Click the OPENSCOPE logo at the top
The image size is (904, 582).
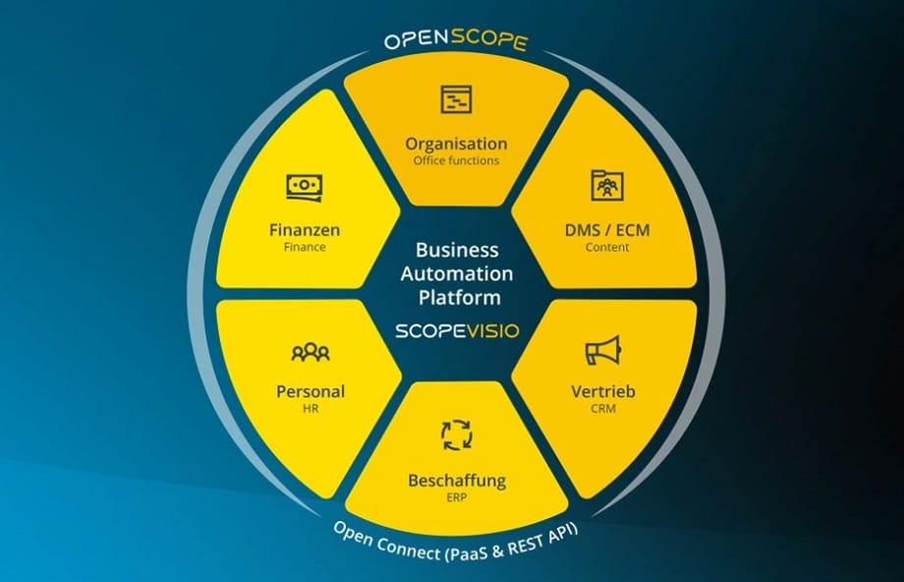click(456, 41)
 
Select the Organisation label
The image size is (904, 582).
click(456, 144)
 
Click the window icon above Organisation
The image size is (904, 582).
click(456, 98)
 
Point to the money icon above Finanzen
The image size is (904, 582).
click(305, 186)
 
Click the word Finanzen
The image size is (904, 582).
click(305, 230)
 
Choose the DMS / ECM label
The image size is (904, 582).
click(606, 230)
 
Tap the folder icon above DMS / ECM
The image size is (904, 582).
click(606, 185)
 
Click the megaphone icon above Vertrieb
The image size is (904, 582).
click(602, 351)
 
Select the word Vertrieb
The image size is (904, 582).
click(602, 391)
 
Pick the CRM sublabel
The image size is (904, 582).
click(602, 408)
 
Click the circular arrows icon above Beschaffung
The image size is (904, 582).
click(456, 435)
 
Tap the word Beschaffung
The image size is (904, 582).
click(456, 481)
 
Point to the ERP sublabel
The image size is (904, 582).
click(456, 498)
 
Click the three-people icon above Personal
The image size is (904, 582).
click(311, 351)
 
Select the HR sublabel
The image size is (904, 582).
click(311, 408)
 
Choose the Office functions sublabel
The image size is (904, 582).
click(456, 160)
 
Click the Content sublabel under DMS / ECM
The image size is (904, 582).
click(606, 248)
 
